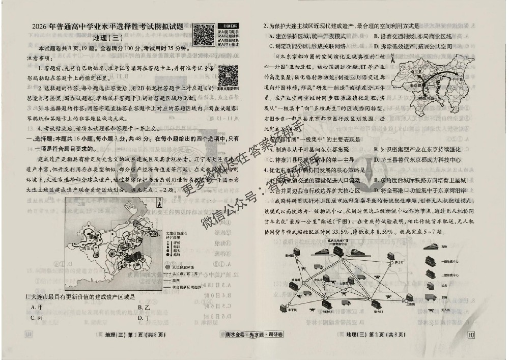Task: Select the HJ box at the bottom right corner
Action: click(471, 334)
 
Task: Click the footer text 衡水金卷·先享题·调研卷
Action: click(254, 335)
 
